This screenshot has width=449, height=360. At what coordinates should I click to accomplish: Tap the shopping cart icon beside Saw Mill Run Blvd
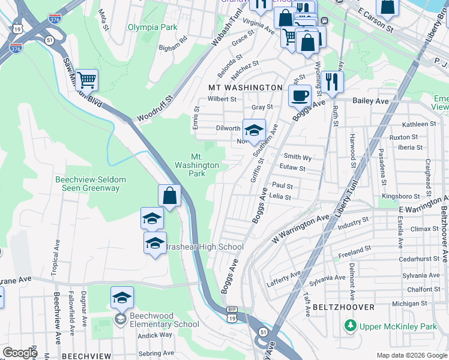(87, 79)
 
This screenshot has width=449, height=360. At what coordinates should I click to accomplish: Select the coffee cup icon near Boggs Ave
(300, 95)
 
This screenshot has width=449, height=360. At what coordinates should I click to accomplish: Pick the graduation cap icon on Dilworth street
(254, 130)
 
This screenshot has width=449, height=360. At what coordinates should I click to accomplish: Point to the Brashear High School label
(204, 247)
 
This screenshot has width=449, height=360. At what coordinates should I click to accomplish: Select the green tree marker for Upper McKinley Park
(349, 326)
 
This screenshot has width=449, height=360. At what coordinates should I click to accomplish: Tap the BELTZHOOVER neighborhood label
(343, 307)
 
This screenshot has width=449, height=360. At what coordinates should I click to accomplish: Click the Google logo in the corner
(20, 353)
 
